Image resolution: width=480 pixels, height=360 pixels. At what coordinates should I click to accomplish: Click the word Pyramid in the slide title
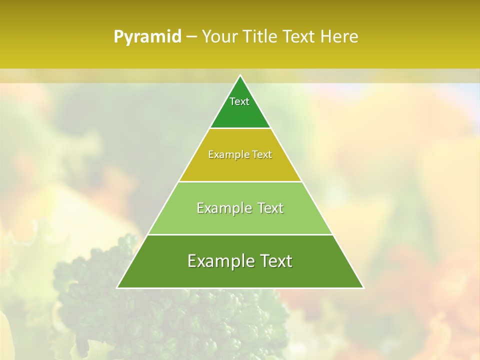(147, 37)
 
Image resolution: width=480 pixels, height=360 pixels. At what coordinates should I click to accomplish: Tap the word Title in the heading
(261, 37)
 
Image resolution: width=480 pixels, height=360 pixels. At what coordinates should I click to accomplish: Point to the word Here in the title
(339, 37)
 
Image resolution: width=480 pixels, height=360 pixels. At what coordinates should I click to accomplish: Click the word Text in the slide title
(299, 37)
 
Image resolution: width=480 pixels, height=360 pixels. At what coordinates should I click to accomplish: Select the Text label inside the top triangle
(239, 101)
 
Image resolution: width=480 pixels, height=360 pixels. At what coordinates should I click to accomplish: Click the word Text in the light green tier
(270, 208)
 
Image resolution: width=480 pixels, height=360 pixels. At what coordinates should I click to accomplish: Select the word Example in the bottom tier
(217, 261)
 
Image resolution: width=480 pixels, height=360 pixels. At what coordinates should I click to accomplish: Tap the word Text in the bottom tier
(273, 261)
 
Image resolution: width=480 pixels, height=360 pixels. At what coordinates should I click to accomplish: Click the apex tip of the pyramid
(240, 76)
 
